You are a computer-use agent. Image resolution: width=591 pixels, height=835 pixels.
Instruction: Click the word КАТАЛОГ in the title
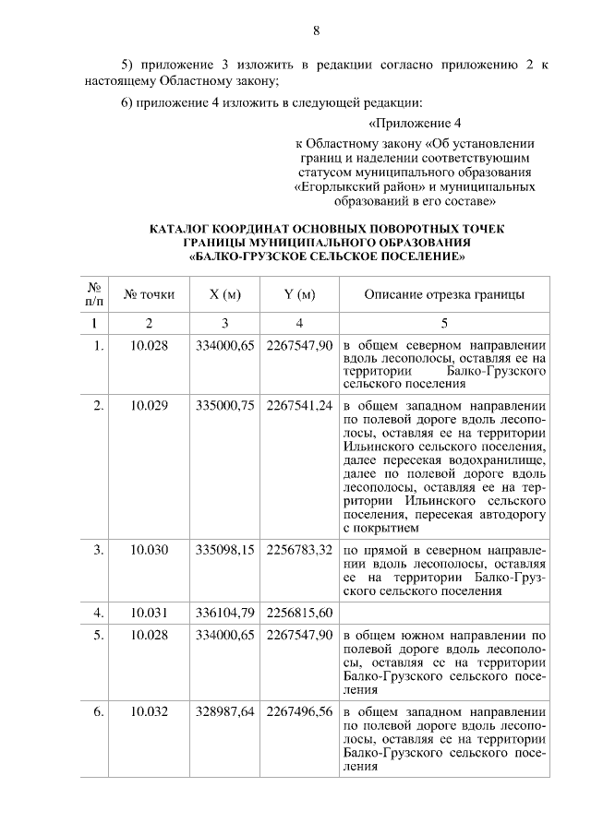point(182,228)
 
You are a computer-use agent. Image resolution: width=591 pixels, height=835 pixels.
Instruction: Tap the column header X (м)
point(224,295)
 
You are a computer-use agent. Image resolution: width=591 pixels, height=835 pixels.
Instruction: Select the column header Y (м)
point(299,295)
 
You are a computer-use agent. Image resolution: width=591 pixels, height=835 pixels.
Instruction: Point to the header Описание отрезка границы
point(444,295)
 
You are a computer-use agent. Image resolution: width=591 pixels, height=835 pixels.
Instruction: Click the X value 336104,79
point(224,612)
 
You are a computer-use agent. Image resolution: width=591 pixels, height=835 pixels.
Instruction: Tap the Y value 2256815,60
point(299,612)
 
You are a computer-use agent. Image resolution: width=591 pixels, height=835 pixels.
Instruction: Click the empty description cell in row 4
point(444,612)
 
